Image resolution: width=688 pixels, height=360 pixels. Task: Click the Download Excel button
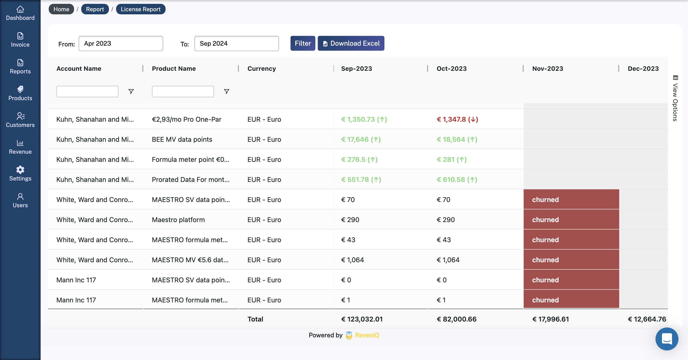tap(351, 43)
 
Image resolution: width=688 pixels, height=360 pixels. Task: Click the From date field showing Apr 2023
tap(121, 44)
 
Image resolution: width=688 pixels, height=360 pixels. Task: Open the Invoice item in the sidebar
tap(20, 40)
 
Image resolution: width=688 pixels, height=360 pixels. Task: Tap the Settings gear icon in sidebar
tap(20, 170)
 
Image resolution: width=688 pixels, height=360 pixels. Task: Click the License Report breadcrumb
tap(140, 9)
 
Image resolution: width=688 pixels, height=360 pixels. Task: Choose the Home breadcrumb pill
tap(61, 9)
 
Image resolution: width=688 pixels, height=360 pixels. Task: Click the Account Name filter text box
tap(87, 91)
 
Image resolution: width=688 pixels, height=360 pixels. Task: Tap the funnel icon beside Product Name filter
tap(226, 91)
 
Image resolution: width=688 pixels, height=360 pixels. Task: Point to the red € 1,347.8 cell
tap(457, 120)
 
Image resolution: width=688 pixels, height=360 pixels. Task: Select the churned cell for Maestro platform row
tap(571, 220)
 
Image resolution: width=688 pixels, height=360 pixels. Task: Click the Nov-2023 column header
tap(548, 69)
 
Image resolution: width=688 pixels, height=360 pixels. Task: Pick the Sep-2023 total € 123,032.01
tap(362, 319)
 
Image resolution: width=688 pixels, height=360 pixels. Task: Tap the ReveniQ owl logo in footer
tap(349, 335)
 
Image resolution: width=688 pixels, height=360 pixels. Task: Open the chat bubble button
tap(667, 339)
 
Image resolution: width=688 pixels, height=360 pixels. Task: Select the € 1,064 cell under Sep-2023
tap(352, 260)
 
